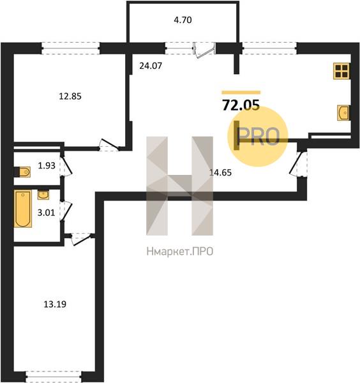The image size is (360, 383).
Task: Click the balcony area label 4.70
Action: [183, 20]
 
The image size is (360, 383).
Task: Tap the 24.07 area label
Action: [151, 66]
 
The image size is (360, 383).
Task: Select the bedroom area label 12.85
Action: [70, 96]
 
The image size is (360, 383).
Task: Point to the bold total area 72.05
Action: [241, 105]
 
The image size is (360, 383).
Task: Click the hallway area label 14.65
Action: [220, 173]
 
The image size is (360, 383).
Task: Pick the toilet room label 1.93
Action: [47, 165]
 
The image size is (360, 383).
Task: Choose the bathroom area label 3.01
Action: [46, 213]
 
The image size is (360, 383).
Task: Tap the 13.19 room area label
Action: [55, 304]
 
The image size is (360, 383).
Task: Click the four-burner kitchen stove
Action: [341, 71]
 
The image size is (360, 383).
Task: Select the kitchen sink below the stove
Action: [343, 112]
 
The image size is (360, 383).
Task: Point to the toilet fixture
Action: [23, 172]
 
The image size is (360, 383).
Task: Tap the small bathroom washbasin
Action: [43, 195]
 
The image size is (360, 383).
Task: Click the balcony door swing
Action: [204, 50]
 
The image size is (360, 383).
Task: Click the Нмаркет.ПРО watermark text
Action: [180, 252]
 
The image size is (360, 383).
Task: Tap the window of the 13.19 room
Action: [54, 377]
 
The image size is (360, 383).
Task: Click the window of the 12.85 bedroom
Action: [71, 48]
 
